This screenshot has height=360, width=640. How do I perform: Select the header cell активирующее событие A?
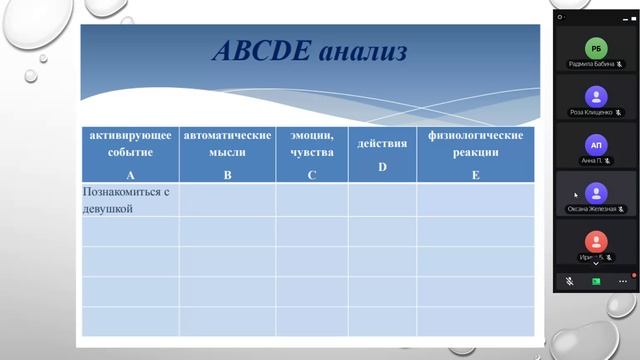(130, 155)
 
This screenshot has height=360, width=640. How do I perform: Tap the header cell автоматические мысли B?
(227, 155)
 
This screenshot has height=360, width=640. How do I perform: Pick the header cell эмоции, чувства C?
(312, 155)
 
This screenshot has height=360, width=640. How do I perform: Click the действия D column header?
(382, 155)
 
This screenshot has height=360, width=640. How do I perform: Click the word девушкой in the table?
(109, 209)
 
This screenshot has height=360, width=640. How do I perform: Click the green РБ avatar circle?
(596, 49)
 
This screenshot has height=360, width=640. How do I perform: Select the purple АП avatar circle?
(596, 144)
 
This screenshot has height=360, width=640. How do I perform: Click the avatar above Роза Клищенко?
(596, 96)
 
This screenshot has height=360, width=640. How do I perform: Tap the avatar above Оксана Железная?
(596, 192)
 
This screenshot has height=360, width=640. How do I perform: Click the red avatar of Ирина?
(596, 240)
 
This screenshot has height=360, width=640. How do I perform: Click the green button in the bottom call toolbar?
(596, 282)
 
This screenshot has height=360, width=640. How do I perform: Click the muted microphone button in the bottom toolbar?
(569, 282)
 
